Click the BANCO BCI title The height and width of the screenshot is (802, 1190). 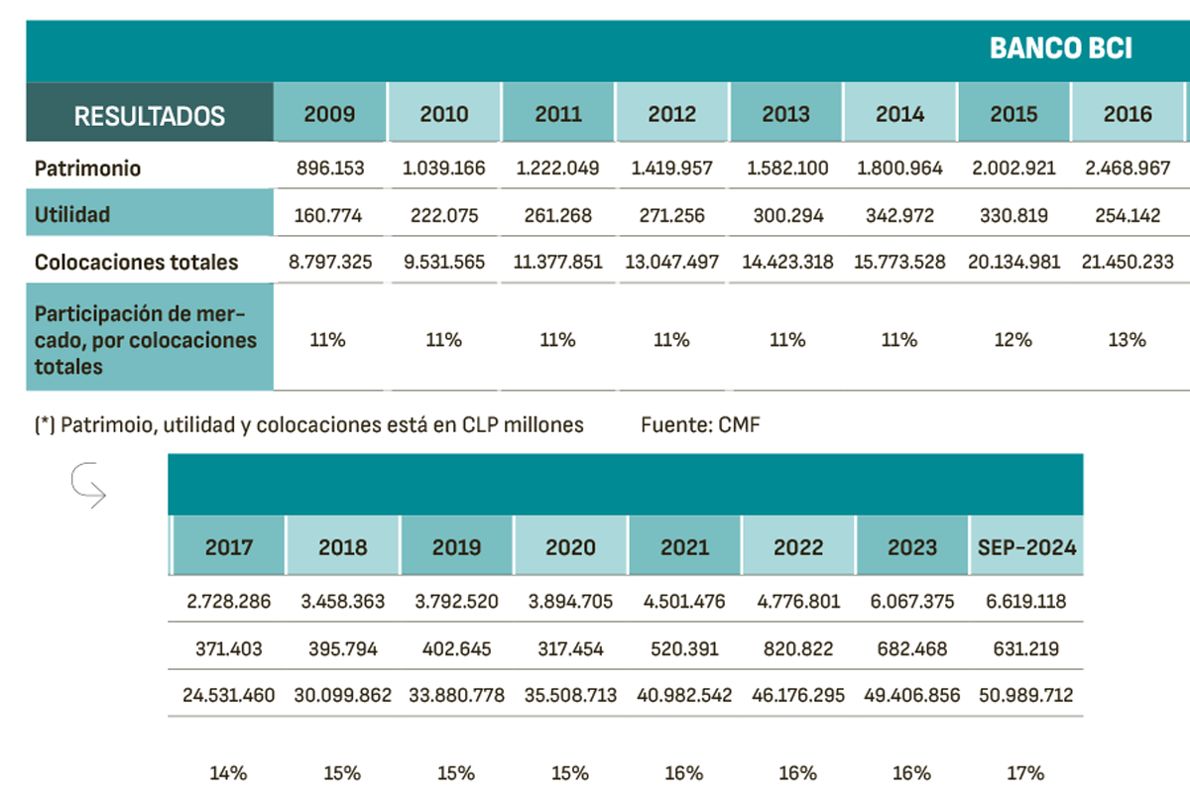tap(1060, 49)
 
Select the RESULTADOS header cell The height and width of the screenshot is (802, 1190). tap(150, 115)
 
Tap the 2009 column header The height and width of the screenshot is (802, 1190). tap(330, 114)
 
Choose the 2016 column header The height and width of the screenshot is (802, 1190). tap(1128, 114)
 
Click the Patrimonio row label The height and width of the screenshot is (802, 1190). tap(88, 169)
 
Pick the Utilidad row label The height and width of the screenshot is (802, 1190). tap(72, 214)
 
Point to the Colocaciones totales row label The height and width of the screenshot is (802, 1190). tap(137, 263)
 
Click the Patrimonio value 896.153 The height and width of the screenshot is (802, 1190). tap(330, 169)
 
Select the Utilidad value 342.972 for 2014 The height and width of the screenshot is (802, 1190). tap(899, 215)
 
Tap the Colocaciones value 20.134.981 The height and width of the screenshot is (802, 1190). tap(1013, 263)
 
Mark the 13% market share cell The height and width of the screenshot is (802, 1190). tap(1127, 340)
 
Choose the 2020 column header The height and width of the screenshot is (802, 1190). tap(570, 547)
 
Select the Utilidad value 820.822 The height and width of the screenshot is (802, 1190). tap(797, 649)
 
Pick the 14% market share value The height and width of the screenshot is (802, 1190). tap(228, 773)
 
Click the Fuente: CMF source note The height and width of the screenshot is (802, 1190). tap(700, 425)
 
